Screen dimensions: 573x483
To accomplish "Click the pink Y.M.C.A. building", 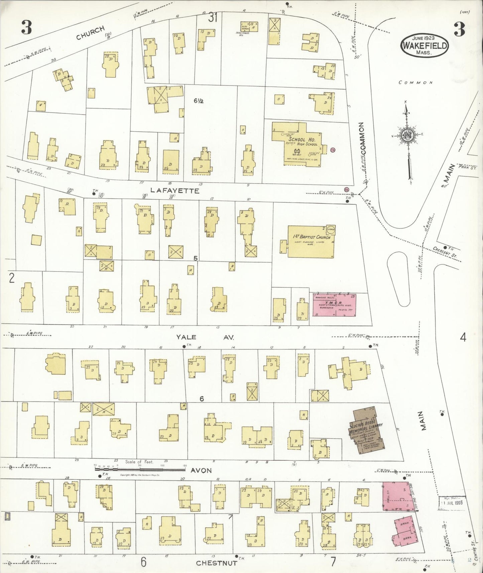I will click(334, 305).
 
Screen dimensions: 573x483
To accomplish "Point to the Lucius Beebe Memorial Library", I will click(366, 430).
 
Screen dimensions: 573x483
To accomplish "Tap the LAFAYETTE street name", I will click(174, 191).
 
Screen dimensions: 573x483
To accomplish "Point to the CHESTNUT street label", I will click(217, 563).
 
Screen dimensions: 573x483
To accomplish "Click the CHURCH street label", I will click(90, 32).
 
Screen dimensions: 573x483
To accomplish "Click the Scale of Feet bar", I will click(139, 465).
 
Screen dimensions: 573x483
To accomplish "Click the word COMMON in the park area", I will click(415, 82).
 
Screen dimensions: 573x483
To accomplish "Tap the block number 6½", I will click(199, 100).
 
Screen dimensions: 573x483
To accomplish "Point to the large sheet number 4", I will click(463, 338).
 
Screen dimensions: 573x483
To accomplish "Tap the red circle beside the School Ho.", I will click(333, 150).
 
